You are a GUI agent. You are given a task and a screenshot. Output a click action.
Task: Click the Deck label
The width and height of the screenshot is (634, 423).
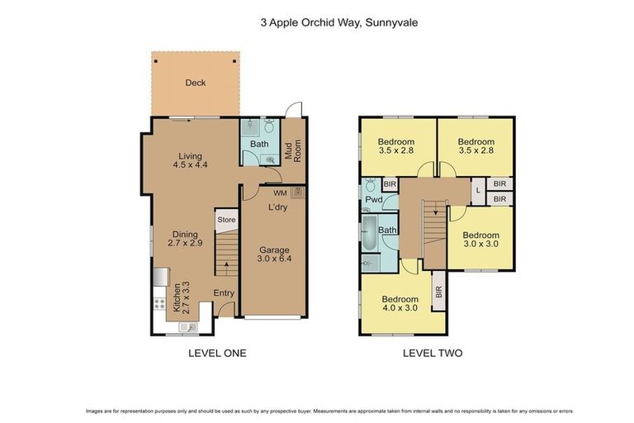click(195, 83)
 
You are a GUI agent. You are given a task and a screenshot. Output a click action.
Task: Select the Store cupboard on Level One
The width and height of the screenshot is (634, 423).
click(226, 220)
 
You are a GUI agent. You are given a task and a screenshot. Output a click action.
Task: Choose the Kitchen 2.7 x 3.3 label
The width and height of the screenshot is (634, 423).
click(181, 297)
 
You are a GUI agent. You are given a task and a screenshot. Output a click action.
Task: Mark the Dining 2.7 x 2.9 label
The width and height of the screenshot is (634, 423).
click(185, 239)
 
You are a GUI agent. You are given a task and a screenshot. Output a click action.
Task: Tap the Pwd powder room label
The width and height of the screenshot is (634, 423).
click(373, 200)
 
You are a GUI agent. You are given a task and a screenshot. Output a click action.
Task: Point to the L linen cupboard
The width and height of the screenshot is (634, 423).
click(478, 191)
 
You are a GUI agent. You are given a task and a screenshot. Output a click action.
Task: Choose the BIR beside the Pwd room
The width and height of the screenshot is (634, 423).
click(389, 184)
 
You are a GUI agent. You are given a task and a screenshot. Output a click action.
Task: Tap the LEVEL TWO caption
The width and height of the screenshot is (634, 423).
click(432, 353)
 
